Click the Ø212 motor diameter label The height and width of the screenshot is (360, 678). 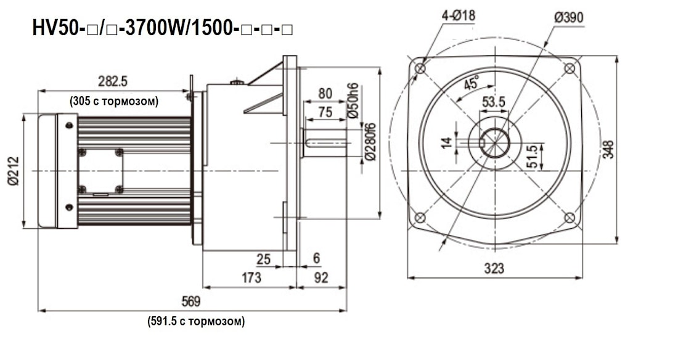pos(14,170)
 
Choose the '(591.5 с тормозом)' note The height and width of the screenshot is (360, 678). pos(196,321)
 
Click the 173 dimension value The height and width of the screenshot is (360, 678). pos(250,278)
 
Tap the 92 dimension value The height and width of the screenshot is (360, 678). pos(321,278)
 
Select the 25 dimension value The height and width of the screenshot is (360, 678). pos(264,260)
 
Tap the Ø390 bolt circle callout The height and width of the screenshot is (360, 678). pos(568,17)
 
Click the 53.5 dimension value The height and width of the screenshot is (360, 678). pos(494,102)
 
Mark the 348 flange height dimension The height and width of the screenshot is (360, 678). pos(608,150)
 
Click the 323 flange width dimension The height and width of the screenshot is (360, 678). pos(494,268)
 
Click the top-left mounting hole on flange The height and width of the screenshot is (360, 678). pos(420,68)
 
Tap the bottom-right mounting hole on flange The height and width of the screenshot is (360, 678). pos(570,218)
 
